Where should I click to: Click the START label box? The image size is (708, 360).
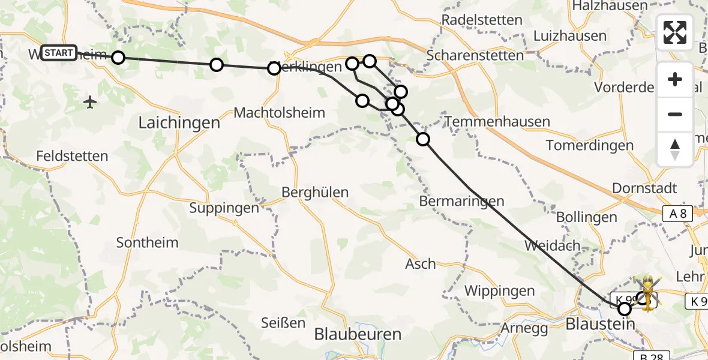click(x=59, y=53)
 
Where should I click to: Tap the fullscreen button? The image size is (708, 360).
click(x=675, y=32)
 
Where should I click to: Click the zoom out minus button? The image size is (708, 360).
click(x=675, y=114)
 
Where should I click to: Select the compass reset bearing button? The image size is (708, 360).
click(x=675, y=149)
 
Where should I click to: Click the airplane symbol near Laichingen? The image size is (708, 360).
click(x=91, y=102)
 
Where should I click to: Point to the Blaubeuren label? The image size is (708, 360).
click(x=358, y=334)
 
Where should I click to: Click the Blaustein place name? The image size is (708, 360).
click(x=600, y=325)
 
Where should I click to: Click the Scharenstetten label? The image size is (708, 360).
click(x=475, y=55)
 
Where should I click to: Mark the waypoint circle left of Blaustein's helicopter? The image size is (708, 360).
click(x=625, y=309)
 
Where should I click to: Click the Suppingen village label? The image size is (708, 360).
click(x=224, y=208)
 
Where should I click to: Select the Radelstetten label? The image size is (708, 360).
click(x=482, y=20)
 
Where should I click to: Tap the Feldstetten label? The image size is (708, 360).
click(x=72, y=156)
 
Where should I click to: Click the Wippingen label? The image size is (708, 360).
click(x=500, y=292)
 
